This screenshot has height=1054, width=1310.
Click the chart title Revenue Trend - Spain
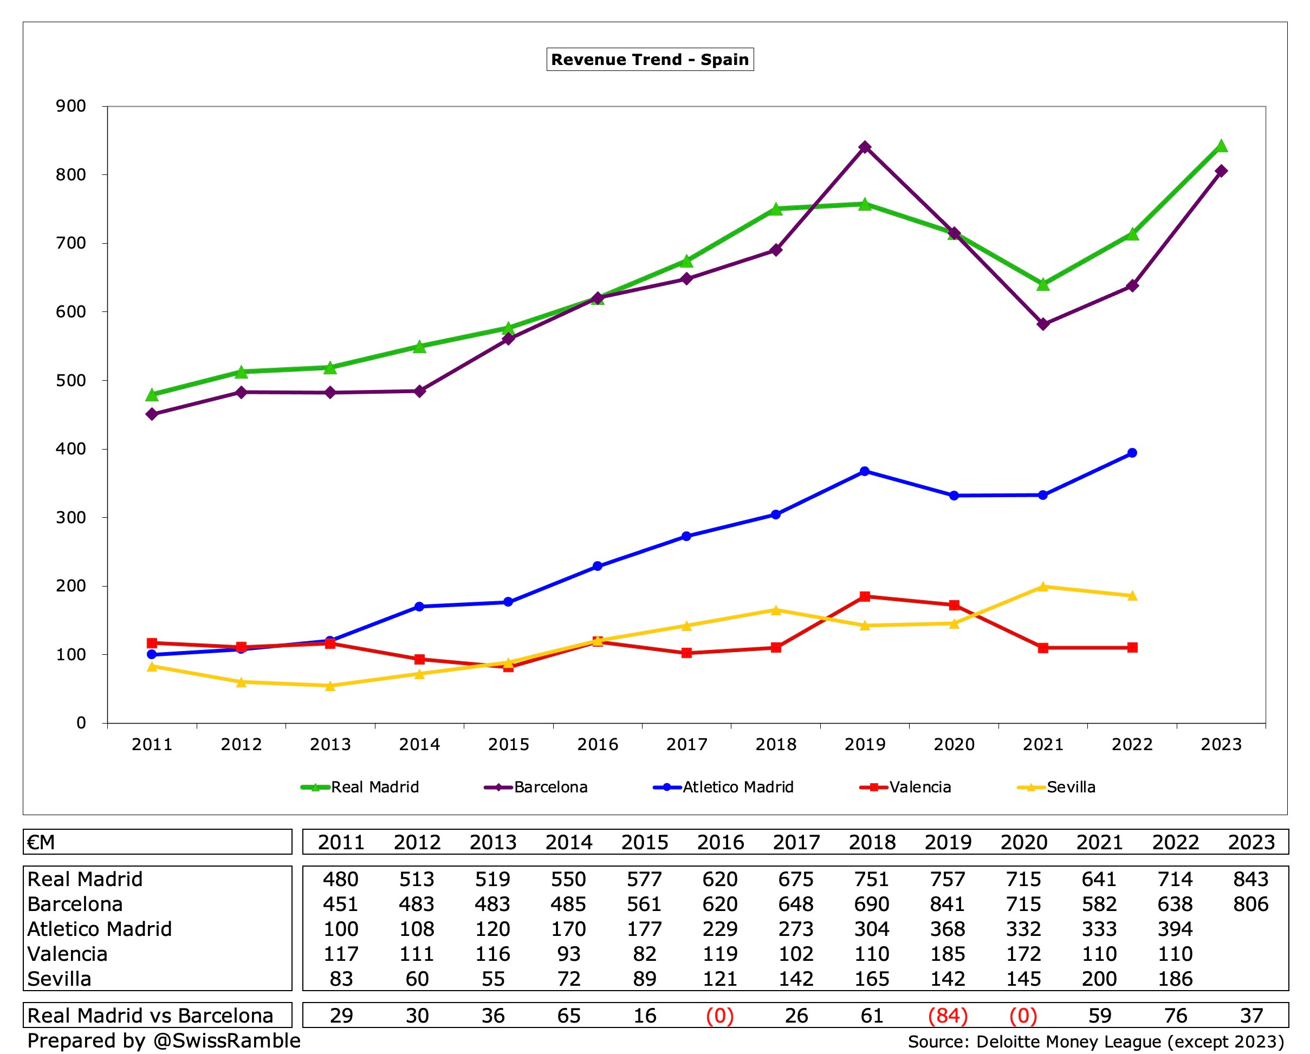(650, 60)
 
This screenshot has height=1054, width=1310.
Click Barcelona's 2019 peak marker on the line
(865, 147)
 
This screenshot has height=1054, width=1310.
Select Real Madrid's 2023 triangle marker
(1221, 146)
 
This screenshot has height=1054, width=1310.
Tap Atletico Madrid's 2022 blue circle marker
(1132, 453)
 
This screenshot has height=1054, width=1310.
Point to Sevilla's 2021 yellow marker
(1043, 586)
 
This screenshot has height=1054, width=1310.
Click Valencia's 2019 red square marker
(865, 596)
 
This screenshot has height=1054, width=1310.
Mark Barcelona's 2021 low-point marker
(1043, 324)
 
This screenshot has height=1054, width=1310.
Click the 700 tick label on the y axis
(71, 243)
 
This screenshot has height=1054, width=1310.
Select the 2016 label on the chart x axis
(597, 745)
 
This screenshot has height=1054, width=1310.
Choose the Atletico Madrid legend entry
(737, 788)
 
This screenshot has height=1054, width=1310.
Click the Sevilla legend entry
(1070, 788)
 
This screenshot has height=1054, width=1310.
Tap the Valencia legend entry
(919, 788)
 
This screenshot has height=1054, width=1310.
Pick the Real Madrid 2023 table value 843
(1250, 880)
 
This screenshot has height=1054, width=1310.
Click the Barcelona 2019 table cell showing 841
(947, 905)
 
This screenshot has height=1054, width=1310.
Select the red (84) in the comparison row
(947, 1016)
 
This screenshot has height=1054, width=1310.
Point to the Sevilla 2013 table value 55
(493, 979)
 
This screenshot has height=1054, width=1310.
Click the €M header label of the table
(41, 843)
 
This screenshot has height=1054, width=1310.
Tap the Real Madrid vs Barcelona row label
(150, 1016)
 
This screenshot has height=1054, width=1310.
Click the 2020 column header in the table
(1023, 843)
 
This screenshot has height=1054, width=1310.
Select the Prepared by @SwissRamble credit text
(164, 1040)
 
